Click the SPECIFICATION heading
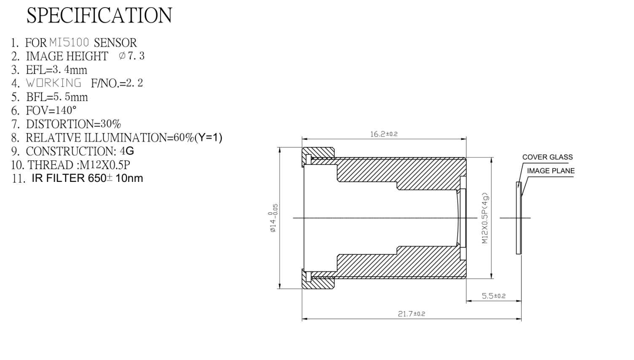tap(99, 15)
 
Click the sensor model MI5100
tap(69, 43)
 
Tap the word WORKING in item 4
tap(54, 83)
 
